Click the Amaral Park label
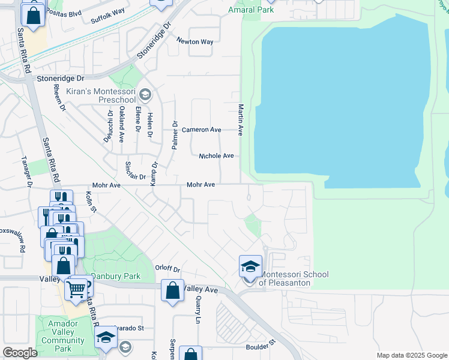(251, 10)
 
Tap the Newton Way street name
(194, 41)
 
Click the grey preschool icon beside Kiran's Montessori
(145, 94)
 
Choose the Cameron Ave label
(202, 130)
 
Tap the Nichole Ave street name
(216, 155)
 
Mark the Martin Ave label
(240, 119)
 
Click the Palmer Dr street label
(175, 136)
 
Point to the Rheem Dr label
(58, 97)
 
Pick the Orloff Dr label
(167, 269)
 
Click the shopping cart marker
(76, 289)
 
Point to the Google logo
(20, 353)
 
